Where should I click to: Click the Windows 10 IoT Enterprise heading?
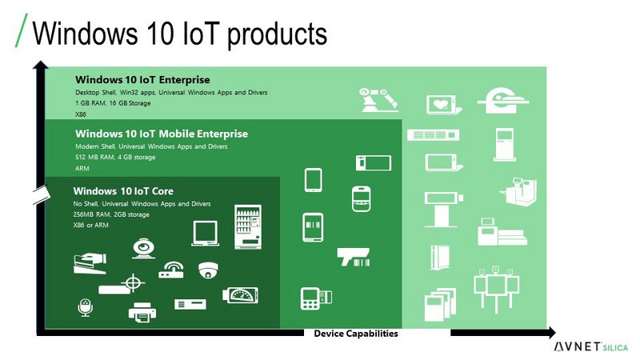[x=142, y=79]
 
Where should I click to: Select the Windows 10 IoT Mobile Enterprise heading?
[x=162, y=134]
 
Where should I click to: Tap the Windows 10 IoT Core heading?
[x=123, y=191]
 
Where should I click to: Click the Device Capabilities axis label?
[x=356, y=334]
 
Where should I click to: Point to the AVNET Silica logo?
[x=591, y=347]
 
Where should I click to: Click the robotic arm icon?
[x=378, y=99]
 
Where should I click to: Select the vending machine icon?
[x=248, y=227]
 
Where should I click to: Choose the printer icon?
[x=142, y=312]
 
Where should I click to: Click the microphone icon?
[x=86, y=308]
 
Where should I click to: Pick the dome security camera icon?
[x=208, y=270]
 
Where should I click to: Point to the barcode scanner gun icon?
[x=354, y=257]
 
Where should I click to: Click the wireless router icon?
[x=171, y=270]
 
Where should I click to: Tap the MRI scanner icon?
[x=504, y=101]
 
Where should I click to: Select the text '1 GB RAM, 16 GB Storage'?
[x=113, y=103]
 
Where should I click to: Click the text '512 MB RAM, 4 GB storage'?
[x=115, y=157]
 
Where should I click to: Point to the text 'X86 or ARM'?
[x=91, y=225]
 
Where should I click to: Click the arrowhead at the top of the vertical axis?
[x=41, y=65]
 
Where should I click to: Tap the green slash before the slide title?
[x=22, y=30]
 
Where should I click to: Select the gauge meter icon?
[x=241, y=295]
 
